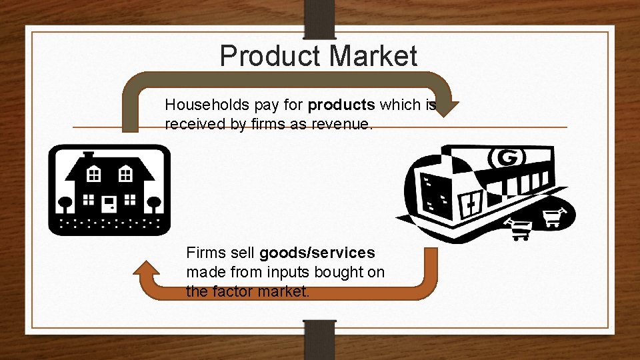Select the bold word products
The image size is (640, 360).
(x=341, y=105)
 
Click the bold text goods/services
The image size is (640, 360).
(x=317, y=253)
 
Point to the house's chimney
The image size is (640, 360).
(x=89, y=155)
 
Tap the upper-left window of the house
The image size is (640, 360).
(x=93, y=175)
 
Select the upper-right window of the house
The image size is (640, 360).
(x=125, y=175)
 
